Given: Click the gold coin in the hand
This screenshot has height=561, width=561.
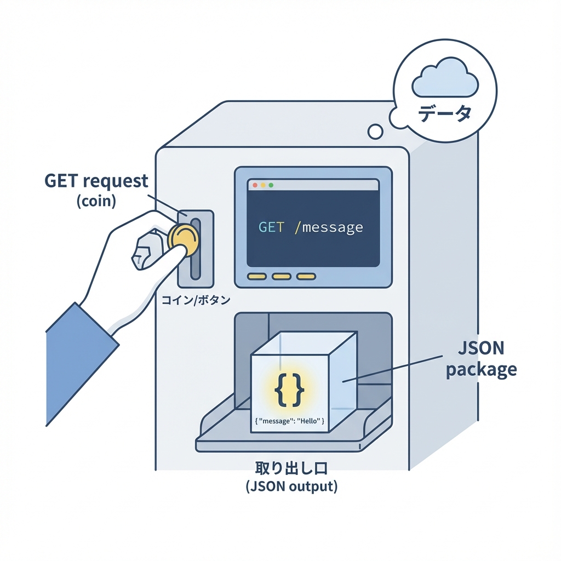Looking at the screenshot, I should point(184,240).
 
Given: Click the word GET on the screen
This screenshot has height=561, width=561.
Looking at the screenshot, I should point(271,227).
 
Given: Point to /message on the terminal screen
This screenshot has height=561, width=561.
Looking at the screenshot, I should point(329,227).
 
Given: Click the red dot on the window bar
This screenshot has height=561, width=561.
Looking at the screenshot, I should point(255,186).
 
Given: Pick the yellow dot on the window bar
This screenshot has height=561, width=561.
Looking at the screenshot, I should point(263,186).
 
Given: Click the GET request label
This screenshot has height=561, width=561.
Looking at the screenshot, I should point(96,181).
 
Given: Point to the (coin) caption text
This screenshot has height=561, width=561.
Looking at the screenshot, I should point(96,201).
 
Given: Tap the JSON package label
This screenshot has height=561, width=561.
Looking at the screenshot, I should point(480,359).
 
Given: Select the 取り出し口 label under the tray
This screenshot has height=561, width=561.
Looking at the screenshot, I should point(291,469).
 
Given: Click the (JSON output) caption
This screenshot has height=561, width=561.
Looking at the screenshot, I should point(291,486).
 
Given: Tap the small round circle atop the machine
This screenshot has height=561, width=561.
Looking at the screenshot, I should point(375,131).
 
